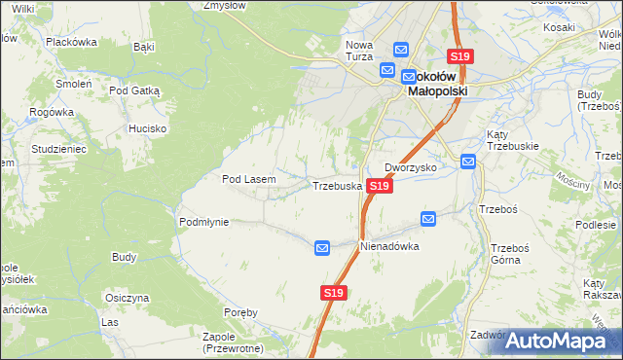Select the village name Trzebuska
point(337,185)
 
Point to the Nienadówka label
point(389,246)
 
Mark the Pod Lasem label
point(249,179)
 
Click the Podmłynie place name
point(203,222)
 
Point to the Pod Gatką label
point(134,90)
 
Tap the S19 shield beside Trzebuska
point(381,185)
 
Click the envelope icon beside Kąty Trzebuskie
point(468,162)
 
